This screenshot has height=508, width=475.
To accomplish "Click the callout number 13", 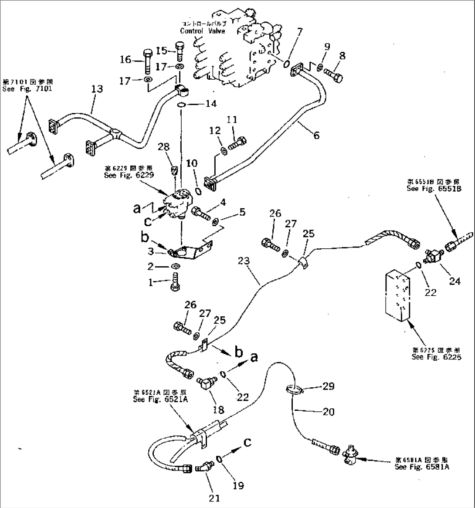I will tap(97, 89).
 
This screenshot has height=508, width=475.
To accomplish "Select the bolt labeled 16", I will tap(146, 63).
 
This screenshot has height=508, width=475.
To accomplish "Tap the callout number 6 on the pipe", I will tap(316, 135).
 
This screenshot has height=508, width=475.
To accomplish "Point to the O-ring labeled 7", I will tap(286, 64).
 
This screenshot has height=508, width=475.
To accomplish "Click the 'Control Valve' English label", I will tap(202, 31).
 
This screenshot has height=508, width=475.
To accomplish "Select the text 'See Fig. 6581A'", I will tap(421, 467).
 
